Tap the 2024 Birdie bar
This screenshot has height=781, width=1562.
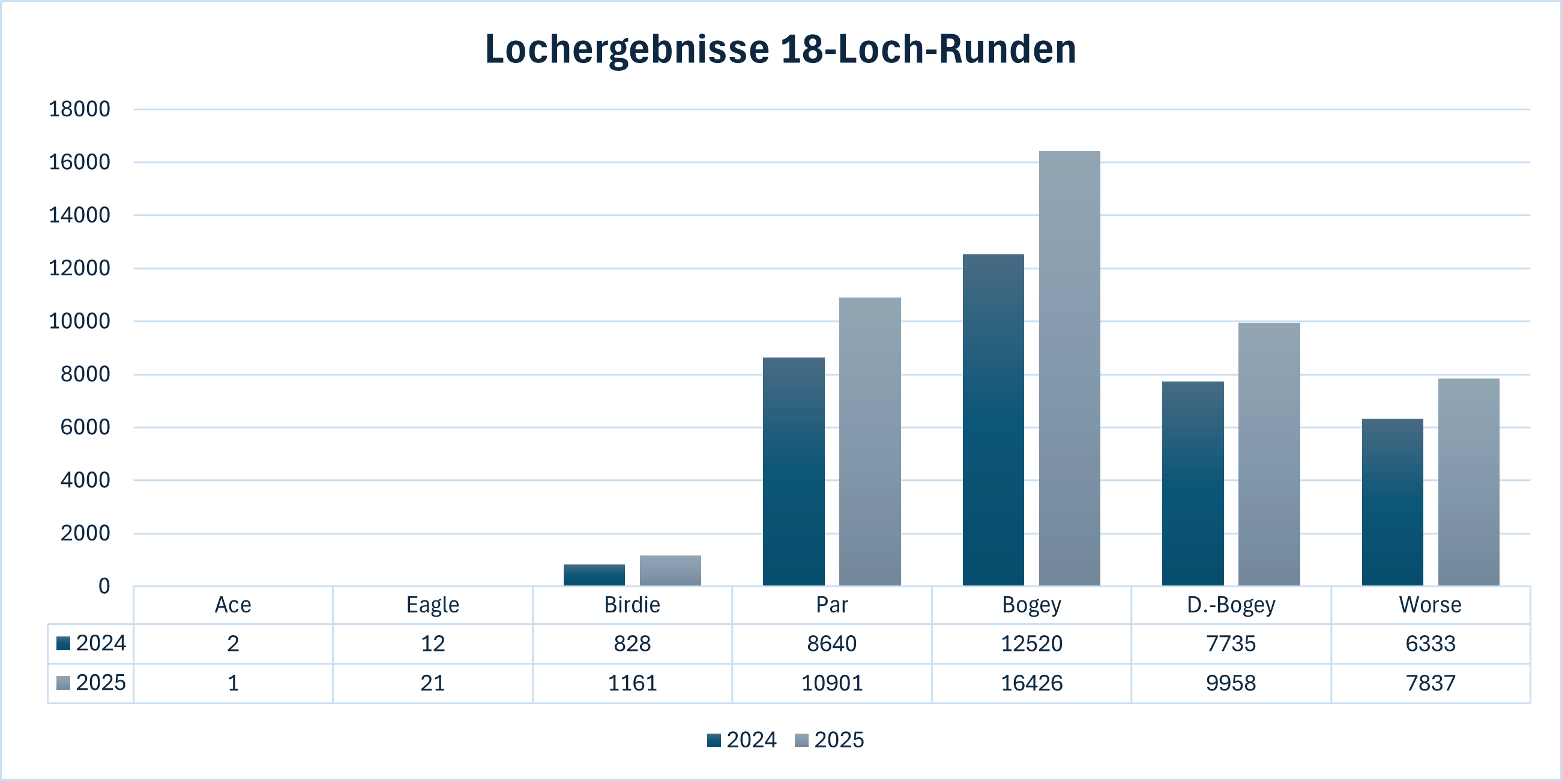[594, 575]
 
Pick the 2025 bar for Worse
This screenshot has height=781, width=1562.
[1468, 482]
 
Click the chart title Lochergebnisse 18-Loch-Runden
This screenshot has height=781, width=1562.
[780, 49]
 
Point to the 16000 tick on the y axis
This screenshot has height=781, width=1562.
[79, 163]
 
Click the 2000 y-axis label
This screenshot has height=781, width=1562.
[85, 533]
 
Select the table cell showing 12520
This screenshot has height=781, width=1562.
[1031, 644]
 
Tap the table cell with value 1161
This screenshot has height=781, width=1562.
[632, 683]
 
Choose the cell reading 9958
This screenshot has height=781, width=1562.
[1230, 683]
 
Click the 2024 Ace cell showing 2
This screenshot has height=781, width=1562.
[233, 644]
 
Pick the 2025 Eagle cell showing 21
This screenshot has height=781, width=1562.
[432, 683]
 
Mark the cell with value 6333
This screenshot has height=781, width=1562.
[1430, 644]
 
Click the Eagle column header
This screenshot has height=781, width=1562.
[432, 605]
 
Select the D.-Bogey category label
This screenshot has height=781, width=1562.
[1230, 605]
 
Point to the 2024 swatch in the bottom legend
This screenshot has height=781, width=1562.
[714, 740]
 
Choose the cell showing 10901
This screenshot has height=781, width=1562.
[831, 683]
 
